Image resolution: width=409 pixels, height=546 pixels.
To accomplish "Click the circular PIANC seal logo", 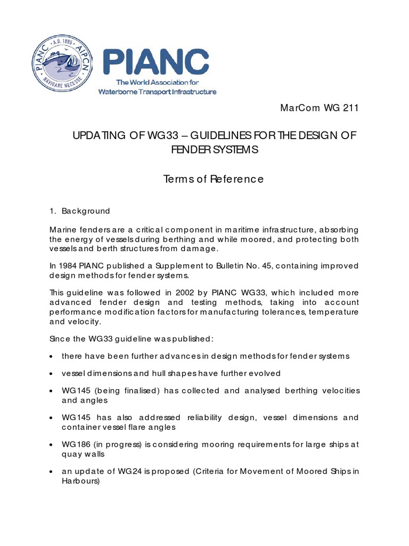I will coord(62,66).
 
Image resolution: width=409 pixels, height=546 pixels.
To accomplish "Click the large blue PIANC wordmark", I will coord(156,63).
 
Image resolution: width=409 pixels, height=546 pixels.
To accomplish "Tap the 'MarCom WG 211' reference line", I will coord(320,109).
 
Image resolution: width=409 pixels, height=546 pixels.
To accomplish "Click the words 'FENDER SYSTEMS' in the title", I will coord(214,150).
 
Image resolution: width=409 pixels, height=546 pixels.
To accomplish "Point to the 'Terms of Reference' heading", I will coord(214,179).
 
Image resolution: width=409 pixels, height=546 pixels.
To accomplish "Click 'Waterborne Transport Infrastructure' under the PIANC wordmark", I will coord(158,92).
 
